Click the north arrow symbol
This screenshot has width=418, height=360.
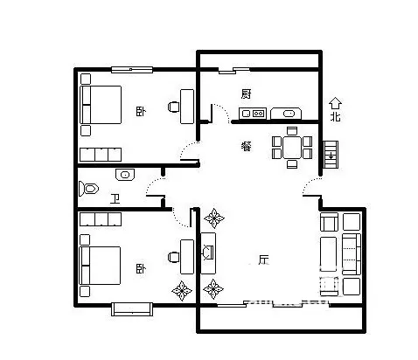(335, 103)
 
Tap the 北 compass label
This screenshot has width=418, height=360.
(335, 117)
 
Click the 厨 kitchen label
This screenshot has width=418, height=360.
(246, 93)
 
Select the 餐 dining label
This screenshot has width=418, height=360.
(247, 146)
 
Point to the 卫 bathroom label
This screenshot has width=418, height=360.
(115, 199)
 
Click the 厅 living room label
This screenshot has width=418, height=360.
(263, 260)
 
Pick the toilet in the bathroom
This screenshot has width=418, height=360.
(88, 189)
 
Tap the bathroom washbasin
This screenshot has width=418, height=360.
(125, 175)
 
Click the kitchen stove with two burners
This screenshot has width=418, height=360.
(253, 114)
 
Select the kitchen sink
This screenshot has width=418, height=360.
(286, 114)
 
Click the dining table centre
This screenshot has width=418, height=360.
(292, 148)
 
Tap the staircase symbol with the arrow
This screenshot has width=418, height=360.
(331, 155)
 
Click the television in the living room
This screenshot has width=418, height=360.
(208, 253)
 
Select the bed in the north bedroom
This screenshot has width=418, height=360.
(101, 105)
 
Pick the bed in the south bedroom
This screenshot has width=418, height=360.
(100, 266)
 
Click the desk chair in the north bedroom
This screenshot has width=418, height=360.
(174, 107)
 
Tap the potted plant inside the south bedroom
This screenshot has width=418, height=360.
(182, 291)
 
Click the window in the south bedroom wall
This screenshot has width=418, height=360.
(132, 309)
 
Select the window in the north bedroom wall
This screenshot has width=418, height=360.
(132, 70)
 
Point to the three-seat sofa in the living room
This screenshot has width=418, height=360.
(352, 254)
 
